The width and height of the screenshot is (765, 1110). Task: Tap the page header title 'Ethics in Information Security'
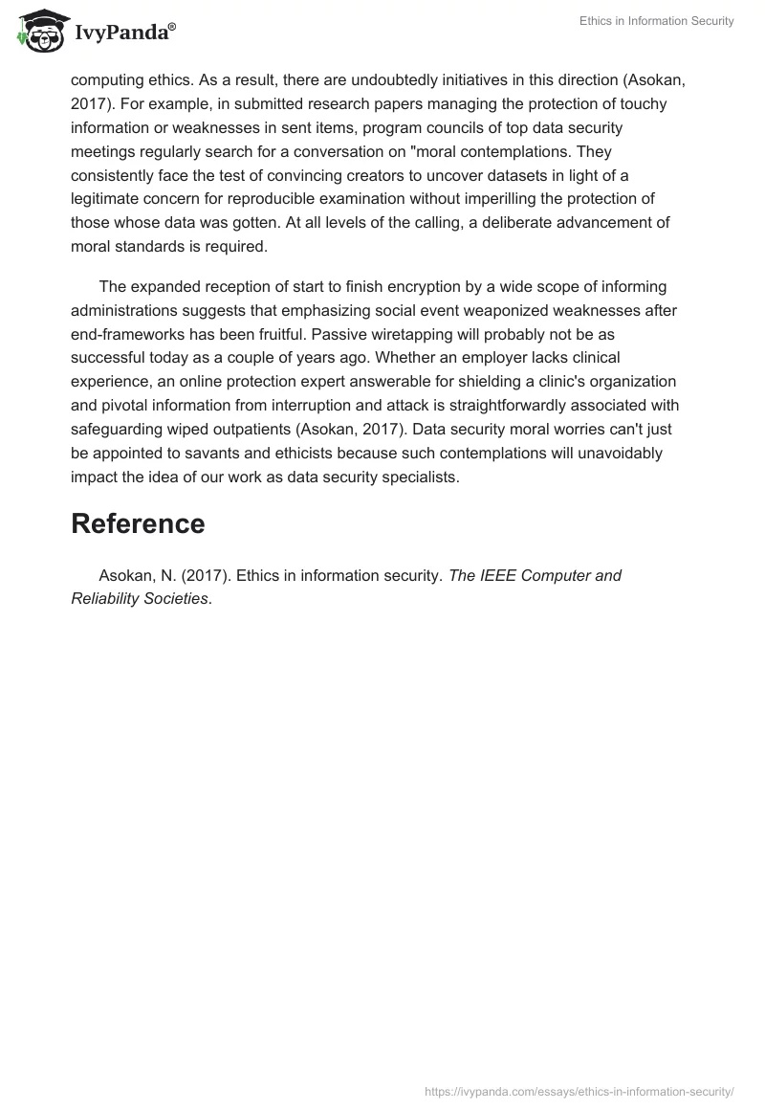point(656,21)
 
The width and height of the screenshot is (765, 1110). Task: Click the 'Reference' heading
point(138,523)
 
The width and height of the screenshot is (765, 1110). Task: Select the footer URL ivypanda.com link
point(579,1090)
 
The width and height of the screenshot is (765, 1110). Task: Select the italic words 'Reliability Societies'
point(140,599)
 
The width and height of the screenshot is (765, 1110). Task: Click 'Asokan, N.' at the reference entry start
point(133,576)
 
